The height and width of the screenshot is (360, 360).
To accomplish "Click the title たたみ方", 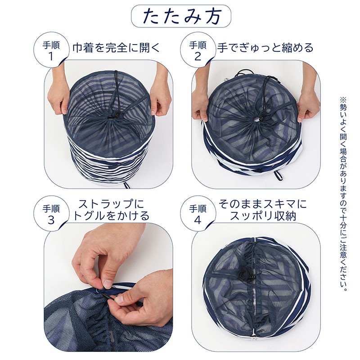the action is coord(181,16).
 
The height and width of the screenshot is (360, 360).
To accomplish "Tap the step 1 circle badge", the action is coord(51,50).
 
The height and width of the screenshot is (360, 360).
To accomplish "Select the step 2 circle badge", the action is coord(198,50).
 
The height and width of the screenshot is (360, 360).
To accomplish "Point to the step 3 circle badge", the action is coord(51,213).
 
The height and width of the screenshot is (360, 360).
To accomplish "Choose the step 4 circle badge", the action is coord(198,213).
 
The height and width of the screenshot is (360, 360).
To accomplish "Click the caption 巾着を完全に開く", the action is coord(116,48).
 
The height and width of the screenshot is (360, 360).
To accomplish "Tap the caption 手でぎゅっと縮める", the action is coord(265,48).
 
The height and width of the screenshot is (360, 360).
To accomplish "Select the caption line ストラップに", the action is coord(112,203).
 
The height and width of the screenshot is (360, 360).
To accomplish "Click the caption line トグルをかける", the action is coord(112,216).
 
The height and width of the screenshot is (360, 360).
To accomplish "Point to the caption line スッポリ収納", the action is coord(263,216).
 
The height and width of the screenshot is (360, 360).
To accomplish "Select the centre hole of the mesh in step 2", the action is coord(257,119).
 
